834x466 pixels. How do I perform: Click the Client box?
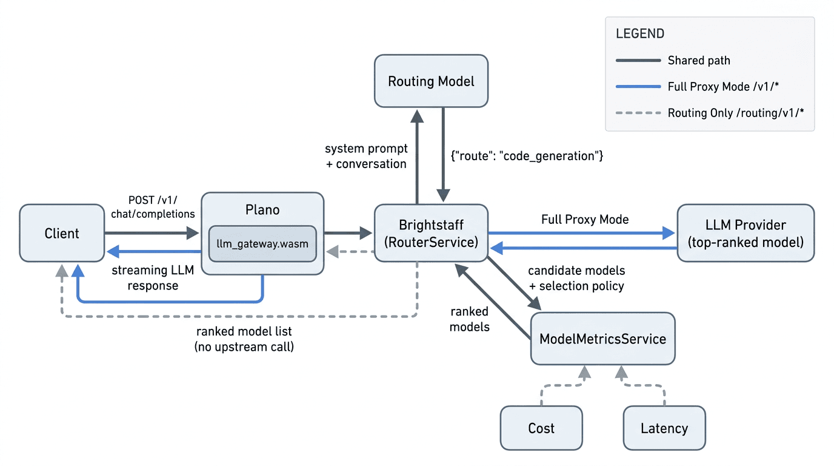click(62, 233)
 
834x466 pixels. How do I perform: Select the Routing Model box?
click(431, 81)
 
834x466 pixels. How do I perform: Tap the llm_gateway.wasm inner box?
click(262, 244)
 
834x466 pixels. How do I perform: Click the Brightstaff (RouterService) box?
click(431, 233)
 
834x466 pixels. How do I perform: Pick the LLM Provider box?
click(746, 233)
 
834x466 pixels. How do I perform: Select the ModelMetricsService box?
click(603, 339)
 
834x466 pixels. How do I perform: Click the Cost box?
click(541, 428)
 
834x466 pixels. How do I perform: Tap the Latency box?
click(664, 428)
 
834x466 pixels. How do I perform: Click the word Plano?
click(262, 210)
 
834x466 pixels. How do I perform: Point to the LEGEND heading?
click(640, 33)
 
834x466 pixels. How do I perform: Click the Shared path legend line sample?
click(638, 61)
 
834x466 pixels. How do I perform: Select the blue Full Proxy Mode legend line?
click(638, 87)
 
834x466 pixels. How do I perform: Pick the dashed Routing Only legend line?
click(638, 113)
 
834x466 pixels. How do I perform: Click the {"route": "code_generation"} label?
click(527, 156)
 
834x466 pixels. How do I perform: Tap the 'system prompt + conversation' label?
click(366, 156)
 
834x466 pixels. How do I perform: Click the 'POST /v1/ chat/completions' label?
click(153, 207)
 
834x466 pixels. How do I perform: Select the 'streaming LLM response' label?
click(153, 278)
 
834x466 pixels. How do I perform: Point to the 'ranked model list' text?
click(244, 331)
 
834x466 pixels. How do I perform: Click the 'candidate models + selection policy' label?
click(576, 278)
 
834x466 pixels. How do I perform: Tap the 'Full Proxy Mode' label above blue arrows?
click(585, 219)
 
